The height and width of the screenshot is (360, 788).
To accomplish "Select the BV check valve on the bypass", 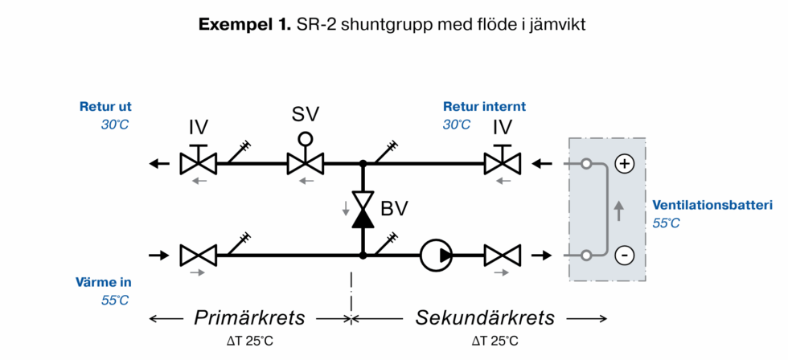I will [x=363, y=209].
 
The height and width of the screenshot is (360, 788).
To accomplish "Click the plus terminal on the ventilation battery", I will [x=625, y=164].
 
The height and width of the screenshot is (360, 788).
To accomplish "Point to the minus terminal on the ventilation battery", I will [x=625, y=256].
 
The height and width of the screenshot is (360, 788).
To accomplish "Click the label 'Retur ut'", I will [x=105, y=106].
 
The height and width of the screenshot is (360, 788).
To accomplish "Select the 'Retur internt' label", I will [x=484, y=106].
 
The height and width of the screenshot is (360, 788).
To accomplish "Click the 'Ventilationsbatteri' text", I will [x=712, y=204].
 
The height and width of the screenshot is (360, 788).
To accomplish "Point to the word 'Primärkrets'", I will [x=250, y=317].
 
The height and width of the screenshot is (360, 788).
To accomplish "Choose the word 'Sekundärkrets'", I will [x=485, y=317].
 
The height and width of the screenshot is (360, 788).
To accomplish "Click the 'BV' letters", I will [x=394, y=209].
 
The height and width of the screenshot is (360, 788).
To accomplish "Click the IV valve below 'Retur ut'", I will [x=199, y=164].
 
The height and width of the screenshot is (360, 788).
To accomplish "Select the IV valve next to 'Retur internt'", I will [x=503, y=164].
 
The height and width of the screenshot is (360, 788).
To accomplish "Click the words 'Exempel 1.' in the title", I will [x=245, y=25].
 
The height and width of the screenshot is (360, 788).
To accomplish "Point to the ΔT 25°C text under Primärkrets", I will [x=250, y=341].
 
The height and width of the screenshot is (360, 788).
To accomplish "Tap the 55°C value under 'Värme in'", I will [x=115, y=300].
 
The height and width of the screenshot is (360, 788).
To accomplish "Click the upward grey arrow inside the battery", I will [x=618, y=211].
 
